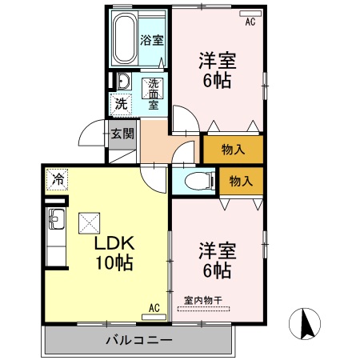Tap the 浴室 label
152,40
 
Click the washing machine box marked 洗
120,103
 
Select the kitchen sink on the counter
56,218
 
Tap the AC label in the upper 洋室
250,22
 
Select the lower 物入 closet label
241,181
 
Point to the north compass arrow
306,324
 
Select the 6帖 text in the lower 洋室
217,271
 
